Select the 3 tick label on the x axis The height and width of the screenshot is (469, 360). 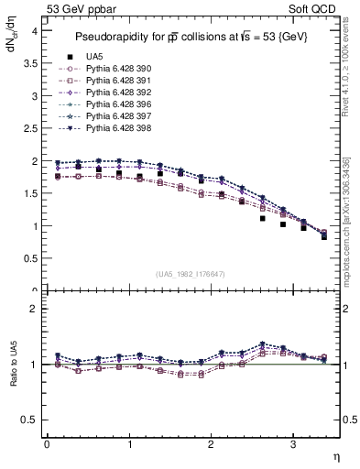[x=292, y=443]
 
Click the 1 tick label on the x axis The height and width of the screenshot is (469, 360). [x=128, y=443]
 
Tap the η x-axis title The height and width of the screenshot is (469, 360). [x=334, y=455]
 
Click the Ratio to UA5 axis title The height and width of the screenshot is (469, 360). [x=12, y=376]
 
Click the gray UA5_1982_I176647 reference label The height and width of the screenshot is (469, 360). [x=190, y=273]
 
